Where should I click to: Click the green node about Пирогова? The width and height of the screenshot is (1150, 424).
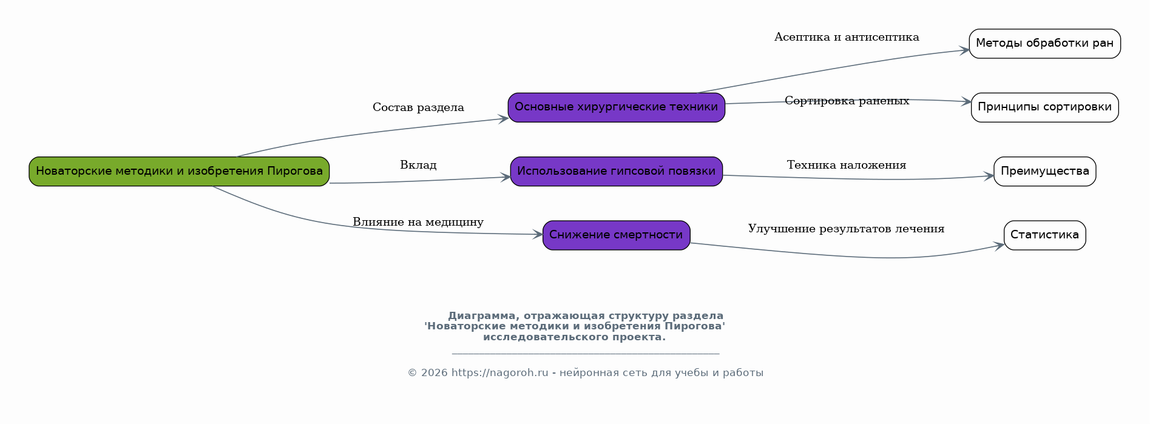[x=179, y=171]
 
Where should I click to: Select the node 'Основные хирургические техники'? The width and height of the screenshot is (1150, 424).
[x=616, y=107]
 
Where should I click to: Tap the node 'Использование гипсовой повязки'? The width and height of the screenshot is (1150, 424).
[x=616, y=171]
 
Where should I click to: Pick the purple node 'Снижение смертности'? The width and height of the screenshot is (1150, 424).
[x=616, y=235]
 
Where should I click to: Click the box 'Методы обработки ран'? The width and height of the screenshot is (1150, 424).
[x=1044, y=44]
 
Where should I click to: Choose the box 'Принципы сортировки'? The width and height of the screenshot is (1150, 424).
[x=1044, y=107]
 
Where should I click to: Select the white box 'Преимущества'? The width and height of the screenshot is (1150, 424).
[x=1044, y=171]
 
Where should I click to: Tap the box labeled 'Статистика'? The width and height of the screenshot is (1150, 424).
[x=1044, y=235]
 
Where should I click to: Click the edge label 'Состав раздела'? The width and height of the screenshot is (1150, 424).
[x=418, y=107]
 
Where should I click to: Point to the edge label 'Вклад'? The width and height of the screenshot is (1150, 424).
[x=418, y=165]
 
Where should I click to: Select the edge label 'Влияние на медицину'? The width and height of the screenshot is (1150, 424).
[x=418, y=222]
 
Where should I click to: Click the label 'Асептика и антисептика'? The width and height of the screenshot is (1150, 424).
[x=847, y=37]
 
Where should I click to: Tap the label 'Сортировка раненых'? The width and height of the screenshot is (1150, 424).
[x=847, y=101]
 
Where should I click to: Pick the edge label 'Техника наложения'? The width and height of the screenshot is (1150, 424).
[x=847, y=165]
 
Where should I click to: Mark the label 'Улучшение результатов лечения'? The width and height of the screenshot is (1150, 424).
[x=846, y=229]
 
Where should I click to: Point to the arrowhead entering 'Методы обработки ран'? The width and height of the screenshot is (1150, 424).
[x=964, y=50]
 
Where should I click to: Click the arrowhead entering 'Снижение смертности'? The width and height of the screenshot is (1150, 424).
[x=538, y=234]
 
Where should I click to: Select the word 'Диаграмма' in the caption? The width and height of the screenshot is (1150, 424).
[x=483, y=316]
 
